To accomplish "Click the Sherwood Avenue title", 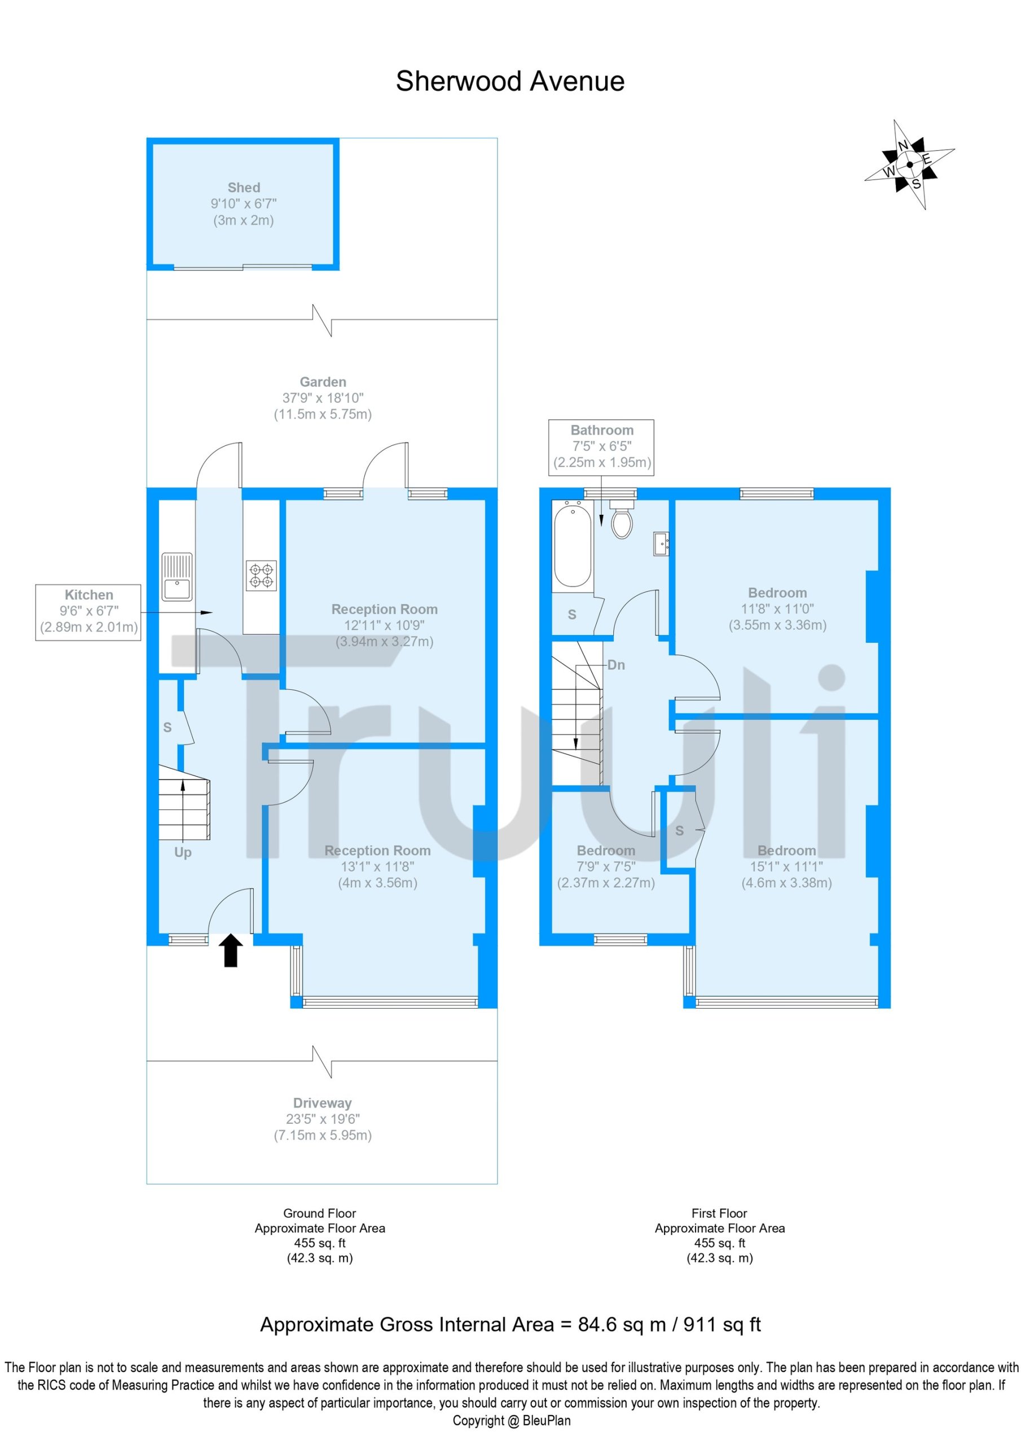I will (509, 81).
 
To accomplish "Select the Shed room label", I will (244, 187).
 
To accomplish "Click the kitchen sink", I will (177, 576).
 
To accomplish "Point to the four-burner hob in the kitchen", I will (261, 575).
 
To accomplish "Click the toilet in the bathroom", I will (621, 522).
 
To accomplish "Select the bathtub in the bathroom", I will (572, 544).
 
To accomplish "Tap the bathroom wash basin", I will (661, 544).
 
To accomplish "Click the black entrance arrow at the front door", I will (231, 950).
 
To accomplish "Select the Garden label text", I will (323, 382).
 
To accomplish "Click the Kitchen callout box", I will (88, 612).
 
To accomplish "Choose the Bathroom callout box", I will (601, 447).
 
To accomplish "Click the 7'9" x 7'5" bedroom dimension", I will (606, 866).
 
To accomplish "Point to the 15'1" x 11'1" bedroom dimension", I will (786, 866).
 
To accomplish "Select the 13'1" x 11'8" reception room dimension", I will (377, 866).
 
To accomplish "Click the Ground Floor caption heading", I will (320, 1213).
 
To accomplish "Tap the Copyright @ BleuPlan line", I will (512, 1421).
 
